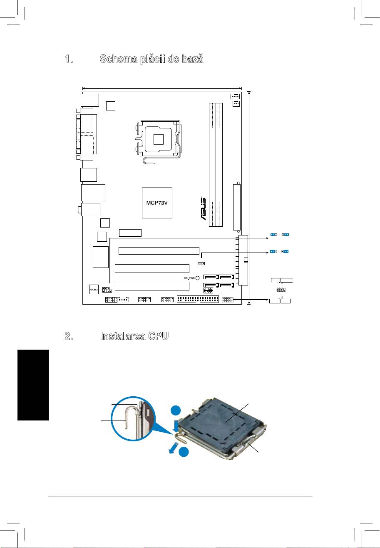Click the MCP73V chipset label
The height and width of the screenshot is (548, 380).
[156, 203]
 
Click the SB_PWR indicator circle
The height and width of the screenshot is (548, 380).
[198, 278]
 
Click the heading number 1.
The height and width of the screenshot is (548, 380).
[69, 59]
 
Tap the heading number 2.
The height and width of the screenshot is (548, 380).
[69, 337]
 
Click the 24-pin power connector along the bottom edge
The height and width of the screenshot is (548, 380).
[198, 300]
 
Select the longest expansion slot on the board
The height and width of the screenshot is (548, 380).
[159, 250]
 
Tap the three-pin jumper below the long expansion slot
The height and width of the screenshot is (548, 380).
[201, 263]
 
